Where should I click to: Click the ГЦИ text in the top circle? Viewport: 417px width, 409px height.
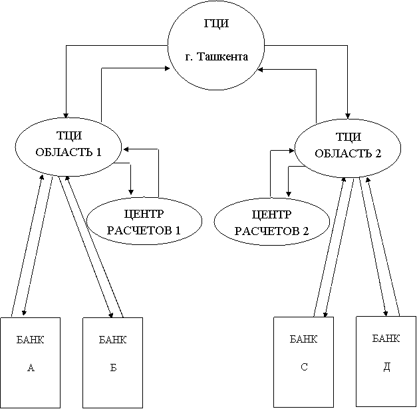click(216, 24)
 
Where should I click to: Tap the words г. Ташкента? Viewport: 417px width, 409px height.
click(216, 56)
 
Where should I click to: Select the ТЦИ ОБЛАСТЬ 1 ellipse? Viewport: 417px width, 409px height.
click(69, 146)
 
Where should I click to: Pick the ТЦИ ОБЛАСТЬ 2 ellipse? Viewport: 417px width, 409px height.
click(348, 146)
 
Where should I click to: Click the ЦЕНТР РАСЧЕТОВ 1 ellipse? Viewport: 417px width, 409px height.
click(144, 222)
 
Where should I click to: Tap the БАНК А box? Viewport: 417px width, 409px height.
click(30, 363)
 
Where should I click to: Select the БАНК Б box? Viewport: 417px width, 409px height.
click(112, 363)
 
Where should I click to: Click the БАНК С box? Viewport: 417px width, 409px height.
click(304, 362)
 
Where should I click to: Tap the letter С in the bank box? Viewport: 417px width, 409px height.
click(304, 366)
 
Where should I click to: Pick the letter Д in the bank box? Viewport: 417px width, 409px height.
click(386, 366)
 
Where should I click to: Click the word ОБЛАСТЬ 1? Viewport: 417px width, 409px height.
click(69, 152)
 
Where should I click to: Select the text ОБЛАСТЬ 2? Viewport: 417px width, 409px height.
click(348, 153)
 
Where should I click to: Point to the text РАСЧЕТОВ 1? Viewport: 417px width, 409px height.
click(144, 230)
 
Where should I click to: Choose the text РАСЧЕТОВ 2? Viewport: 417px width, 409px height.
click(272, 231)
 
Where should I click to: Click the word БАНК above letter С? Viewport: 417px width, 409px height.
click(304, 339)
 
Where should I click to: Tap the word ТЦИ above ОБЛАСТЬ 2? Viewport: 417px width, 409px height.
click(348, 137)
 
